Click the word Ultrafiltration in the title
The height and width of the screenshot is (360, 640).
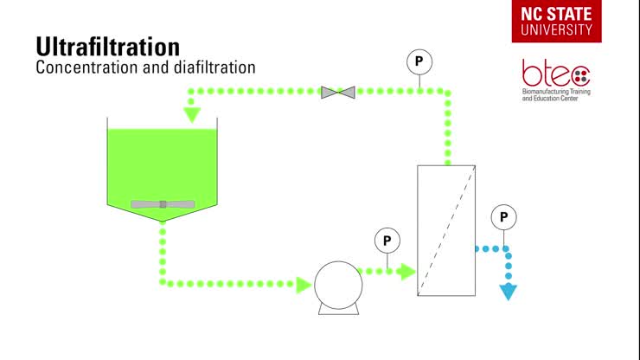click(x=107, y=46)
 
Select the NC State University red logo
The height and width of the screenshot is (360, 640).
click(x=557, y=21)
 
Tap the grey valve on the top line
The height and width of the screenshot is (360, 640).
click(x=337, y=91)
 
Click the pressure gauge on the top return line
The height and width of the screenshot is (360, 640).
click(x=419, y=61)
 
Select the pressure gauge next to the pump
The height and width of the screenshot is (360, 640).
click(x=387, y=241)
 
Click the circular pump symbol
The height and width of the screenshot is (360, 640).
click(x=336, y=283)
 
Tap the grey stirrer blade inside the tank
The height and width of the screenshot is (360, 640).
click(x=163, y=204)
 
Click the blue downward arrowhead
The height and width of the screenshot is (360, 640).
click(x=509, y=292)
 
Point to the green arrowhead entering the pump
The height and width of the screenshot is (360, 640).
click(x=303, y=284)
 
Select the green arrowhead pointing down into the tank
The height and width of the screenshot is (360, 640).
click(x=192, y=113)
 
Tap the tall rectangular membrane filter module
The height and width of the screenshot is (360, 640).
click(x=445, y=229)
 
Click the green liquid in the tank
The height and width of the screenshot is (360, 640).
click(x=162, y=164)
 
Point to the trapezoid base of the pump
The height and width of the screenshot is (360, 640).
click(x=336, y=307)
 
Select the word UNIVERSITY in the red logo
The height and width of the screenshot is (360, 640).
click(x=557, y=29)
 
